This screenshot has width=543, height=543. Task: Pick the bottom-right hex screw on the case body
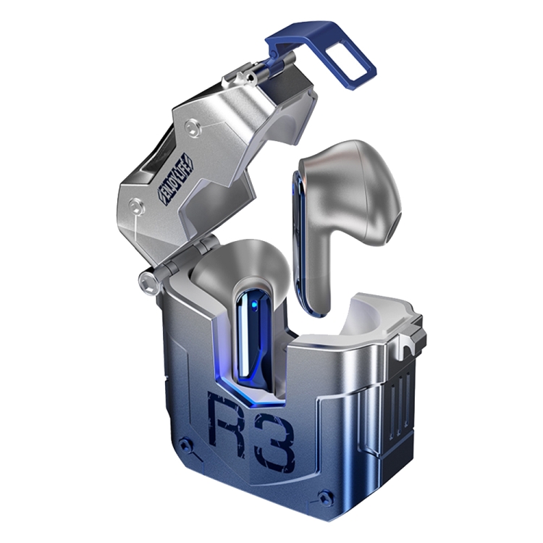click(x=327, y=497)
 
